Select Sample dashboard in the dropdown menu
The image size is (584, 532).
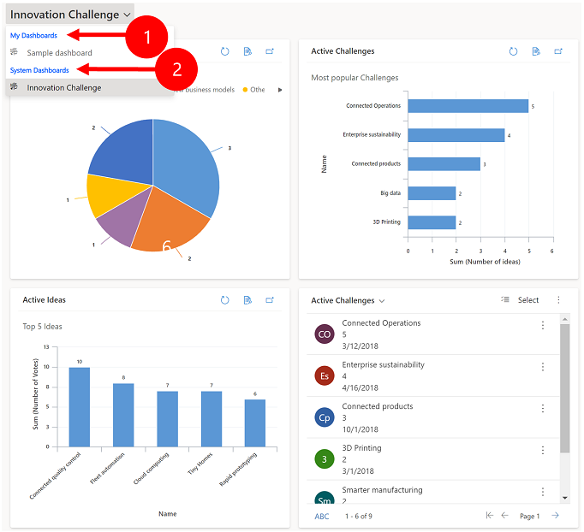(x=59, y=53)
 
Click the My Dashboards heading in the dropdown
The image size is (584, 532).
(x=33, y=36)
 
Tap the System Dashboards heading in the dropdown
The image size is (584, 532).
(x=39, y=70)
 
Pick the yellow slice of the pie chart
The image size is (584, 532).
(x=110, y=193)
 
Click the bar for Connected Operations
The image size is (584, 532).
(x=468, y=106)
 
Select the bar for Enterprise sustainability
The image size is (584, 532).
(x=456, y=135)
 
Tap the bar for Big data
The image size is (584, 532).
(x=432, y=193)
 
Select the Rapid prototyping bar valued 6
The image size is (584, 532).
(x=254, y=423)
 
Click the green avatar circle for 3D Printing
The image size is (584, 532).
(x=324, y=459)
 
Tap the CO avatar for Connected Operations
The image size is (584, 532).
(x=324, y=334)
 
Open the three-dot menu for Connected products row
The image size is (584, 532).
(x=542, y=409)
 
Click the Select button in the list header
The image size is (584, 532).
(x=521, y=300)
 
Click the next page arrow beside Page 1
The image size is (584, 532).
(x=555, y=516)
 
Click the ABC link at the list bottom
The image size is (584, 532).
(x=321, y=517)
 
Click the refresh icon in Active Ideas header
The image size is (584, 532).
(x=224, y=300)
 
